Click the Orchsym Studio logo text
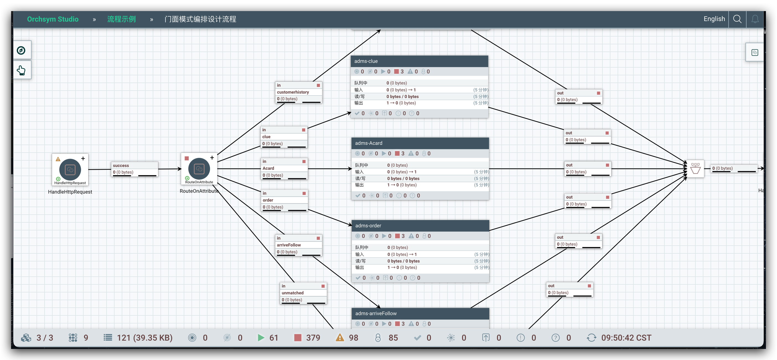pos(53,19)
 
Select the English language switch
pos(714,19)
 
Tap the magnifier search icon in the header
pos(737,19)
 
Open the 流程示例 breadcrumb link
pos(121,19)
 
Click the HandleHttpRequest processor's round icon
pos(70,169)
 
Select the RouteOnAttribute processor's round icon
pos(199,169)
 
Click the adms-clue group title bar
pos(419,61)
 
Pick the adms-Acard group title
pos(369,143)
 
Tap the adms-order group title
pos(368,225)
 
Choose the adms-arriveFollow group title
pos(376,313)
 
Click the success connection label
pos(121,165)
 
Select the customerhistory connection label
pos(293,92)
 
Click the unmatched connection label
pos(292,293)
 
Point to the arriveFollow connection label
pos(289,245)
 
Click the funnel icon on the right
pos(695,169)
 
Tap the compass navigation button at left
pos(21,50)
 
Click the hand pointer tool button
pos(21,70)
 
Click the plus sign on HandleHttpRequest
pos(83,158)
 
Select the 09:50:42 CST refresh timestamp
pos(626,338)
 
